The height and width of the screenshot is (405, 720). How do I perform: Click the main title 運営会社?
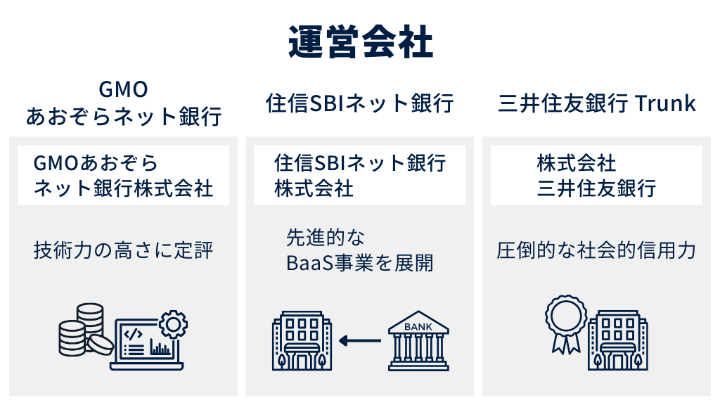point(360,44)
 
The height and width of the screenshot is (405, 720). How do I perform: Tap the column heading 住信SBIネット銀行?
point(360,104)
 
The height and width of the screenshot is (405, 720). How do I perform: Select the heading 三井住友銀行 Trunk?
point(597,104)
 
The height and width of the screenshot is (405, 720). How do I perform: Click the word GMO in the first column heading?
point(123,90)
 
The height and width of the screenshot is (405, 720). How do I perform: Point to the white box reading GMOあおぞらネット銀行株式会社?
point(123,176)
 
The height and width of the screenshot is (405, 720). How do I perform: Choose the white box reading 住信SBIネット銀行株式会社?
point(360,176)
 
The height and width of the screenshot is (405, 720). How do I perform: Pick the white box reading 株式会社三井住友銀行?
point(596,176)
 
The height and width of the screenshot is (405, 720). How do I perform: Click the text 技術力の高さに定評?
point(123,250)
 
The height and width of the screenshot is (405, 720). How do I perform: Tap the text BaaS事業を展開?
point(360,263)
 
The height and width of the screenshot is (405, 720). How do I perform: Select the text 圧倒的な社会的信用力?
point(596,250)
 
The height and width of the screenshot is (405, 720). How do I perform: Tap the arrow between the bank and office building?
point(359,341)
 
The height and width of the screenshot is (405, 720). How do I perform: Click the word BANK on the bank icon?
point(419,326)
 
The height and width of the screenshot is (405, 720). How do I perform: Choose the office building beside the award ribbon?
point(617,341)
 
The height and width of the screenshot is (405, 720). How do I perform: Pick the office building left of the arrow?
point(301,341)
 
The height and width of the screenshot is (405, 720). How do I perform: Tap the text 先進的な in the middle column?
point(325,237)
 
